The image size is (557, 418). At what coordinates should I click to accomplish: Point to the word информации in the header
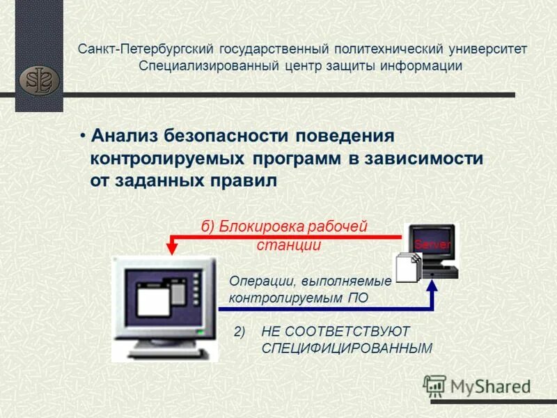click(x=422, y=66)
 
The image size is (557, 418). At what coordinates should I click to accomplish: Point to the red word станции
click(x=288, y=245)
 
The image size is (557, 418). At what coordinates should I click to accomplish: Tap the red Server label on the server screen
click(x=432, y=245)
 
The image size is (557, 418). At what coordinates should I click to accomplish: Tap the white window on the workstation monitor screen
click(x=152, y=300)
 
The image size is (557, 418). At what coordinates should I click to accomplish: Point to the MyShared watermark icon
click(x=434, y=385)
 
